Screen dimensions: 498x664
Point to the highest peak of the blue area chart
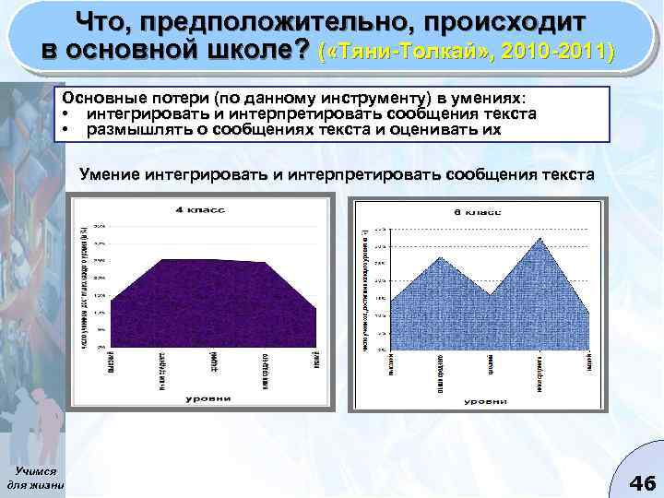(538, 239)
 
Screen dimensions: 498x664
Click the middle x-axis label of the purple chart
(214, 362)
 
